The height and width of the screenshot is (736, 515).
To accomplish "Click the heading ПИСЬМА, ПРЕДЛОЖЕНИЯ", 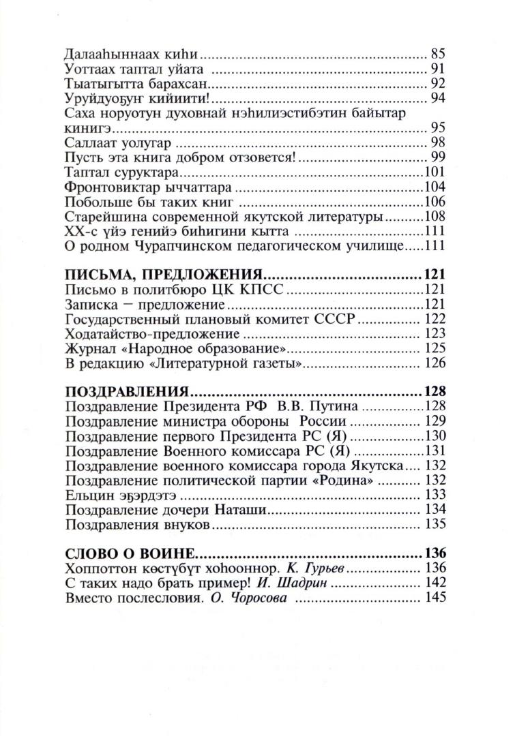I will click(164, 275).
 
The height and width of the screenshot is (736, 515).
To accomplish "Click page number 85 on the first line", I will click(437, 53).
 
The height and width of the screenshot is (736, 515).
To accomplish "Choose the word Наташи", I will click(239, 510).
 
